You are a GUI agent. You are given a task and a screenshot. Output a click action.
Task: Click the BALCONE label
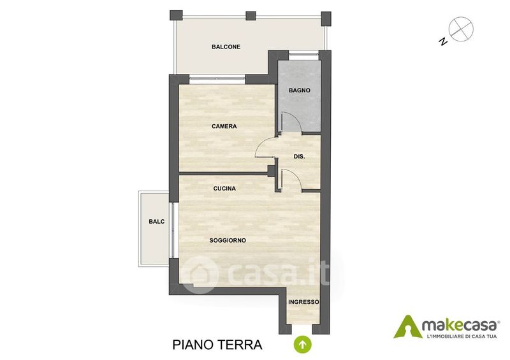(226, 47)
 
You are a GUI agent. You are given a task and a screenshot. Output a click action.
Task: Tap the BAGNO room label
(299, 90)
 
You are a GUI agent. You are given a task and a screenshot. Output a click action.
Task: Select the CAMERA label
(224, 126)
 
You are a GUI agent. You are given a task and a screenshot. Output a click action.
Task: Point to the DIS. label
(299, 156)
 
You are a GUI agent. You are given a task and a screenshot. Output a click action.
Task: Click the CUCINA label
(224, 189)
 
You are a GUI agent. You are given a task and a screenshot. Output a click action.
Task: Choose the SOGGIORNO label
(228, 241)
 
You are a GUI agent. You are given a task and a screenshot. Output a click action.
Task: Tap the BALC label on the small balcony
(157, 222)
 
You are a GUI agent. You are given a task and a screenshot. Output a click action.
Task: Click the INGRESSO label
(304, 302)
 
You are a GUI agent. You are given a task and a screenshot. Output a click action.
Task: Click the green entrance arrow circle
(302, 345)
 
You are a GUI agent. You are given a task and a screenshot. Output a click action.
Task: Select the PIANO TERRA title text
(217, 345)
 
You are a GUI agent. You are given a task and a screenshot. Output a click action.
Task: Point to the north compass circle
(461, 29)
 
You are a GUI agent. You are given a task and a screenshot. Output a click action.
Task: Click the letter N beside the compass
(442, 41)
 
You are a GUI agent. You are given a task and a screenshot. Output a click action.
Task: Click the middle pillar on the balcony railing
(251, 15)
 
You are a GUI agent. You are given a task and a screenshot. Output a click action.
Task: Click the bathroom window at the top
(304, 55)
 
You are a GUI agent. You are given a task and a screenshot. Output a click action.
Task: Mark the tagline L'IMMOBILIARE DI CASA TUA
(462, 336)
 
